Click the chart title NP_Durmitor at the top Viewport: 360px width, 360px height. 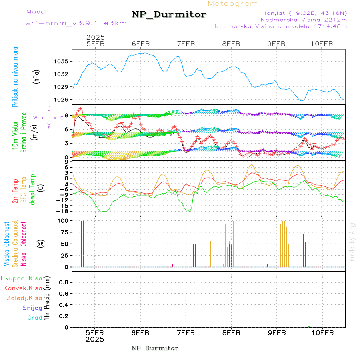169,15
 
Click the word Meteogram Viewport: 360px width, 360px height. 233,4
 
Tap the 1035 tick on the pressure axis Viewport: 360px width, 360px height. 62,61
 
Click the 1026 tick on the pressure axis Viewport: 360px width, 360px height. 62,99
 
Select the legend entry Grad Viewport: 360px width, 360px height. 35,318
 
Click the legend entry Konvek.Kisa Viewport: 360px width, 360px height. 22,288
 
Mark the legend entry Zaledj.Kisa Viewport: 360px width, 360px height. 24,298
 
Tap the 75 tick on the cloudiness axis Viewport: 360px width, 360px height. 64,232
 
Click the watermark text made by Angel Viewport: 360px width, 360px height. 352,240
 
